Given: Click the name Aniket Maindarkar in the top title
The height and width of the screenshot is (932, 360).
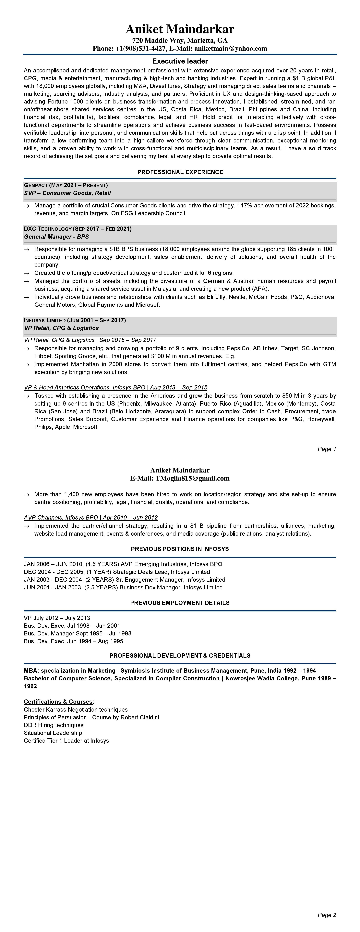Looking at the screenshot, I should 180,29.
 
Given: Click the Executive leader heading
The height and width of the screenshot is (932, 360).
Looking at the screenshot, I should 180,61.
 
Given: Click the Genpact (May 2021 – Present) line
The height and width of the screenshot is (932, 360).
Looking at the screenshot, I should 66,185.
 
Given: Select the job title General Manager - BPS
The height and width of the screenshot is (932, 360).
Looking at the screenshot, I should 56,237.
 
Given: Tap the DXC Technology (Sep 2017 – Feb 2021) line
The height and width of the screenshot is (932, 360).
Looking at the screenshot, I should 78,229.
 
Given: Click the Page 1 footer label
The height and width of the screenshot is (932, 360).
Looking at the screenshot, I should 327,449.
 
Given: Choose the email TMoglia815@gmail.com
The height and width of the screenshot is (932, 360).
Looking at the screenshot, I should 192,478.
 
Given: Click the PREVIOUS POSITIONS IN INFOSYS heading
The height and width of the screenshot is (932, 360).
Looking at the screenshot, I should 180,549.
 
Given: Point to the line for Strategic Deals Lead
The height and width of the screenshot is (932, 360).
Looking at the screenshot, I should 117,572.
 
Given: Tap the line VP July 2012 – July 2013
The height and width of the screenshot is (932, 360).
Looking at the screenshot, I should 57,618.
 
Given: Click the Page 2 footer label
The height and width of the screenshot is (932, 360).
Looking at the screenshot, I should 327,915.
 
